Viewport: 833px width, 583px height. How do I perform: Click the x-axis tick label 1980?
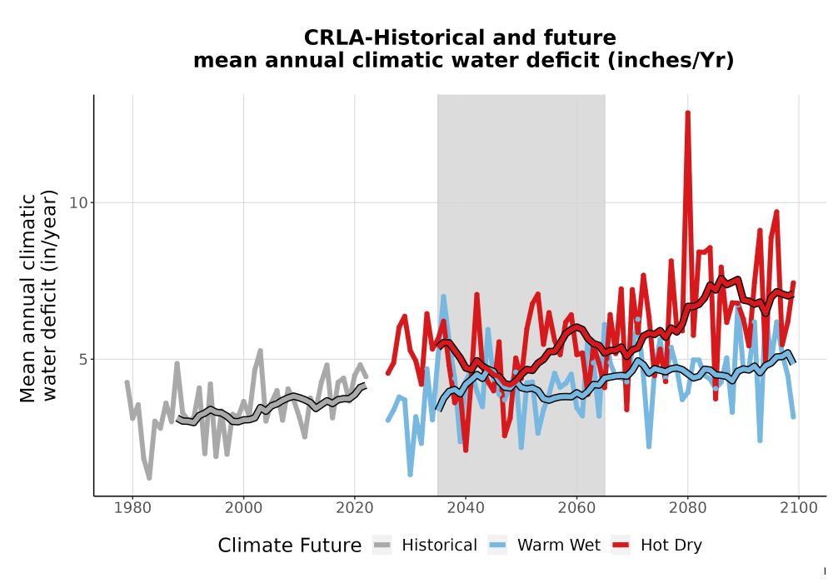132,508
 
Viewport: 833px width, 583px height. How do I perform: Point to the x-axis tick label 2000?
243,508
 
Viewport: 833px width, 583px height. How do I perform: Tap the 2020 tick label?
354,508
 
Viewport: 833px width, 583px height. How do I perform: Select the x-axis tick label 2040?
466,508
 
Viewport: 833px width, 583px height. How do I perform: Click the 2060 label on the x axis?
576,508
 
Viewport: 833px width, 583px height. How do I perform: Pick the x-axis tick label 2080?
687,508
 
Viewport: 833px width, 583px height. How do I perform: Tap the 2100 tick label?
799,508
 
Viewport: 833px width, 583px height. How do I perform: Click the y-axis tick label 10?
78,203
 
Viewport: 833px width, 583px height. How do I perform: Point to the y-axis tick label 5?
82,360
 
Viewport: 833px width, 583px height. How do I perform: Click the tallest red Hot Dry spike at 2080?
687,113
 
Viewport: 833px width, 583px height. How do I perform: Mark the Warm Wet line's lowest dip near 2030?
410,474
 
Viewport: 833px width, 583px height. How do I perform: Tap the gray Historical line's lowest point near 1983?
149,478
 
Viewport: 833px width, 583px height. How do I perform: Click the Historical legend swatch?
382,546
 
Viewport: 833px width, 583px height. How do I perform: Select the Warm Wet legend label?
559,546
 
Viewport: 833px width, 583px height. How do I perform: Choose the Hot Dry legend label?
671,546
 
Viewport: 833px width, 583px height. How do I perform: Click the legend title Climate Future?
290,546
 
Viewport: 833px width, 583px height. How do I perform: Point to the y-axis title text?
37,296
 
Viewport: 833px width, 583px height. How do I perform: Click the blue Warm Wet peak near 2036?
443,297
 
